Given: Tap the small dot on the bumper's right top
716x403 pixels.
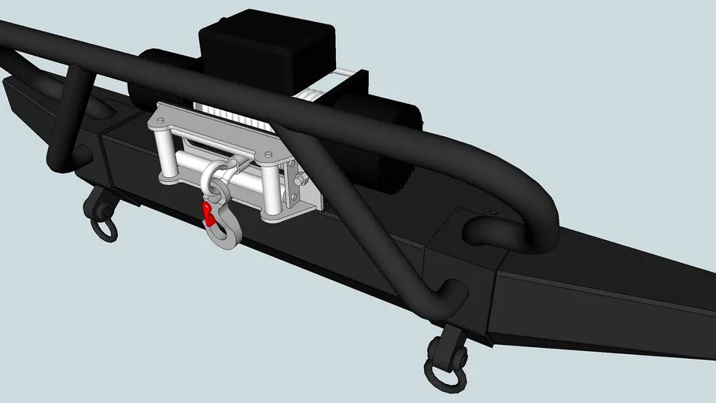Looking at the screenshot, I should [493, 212].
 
